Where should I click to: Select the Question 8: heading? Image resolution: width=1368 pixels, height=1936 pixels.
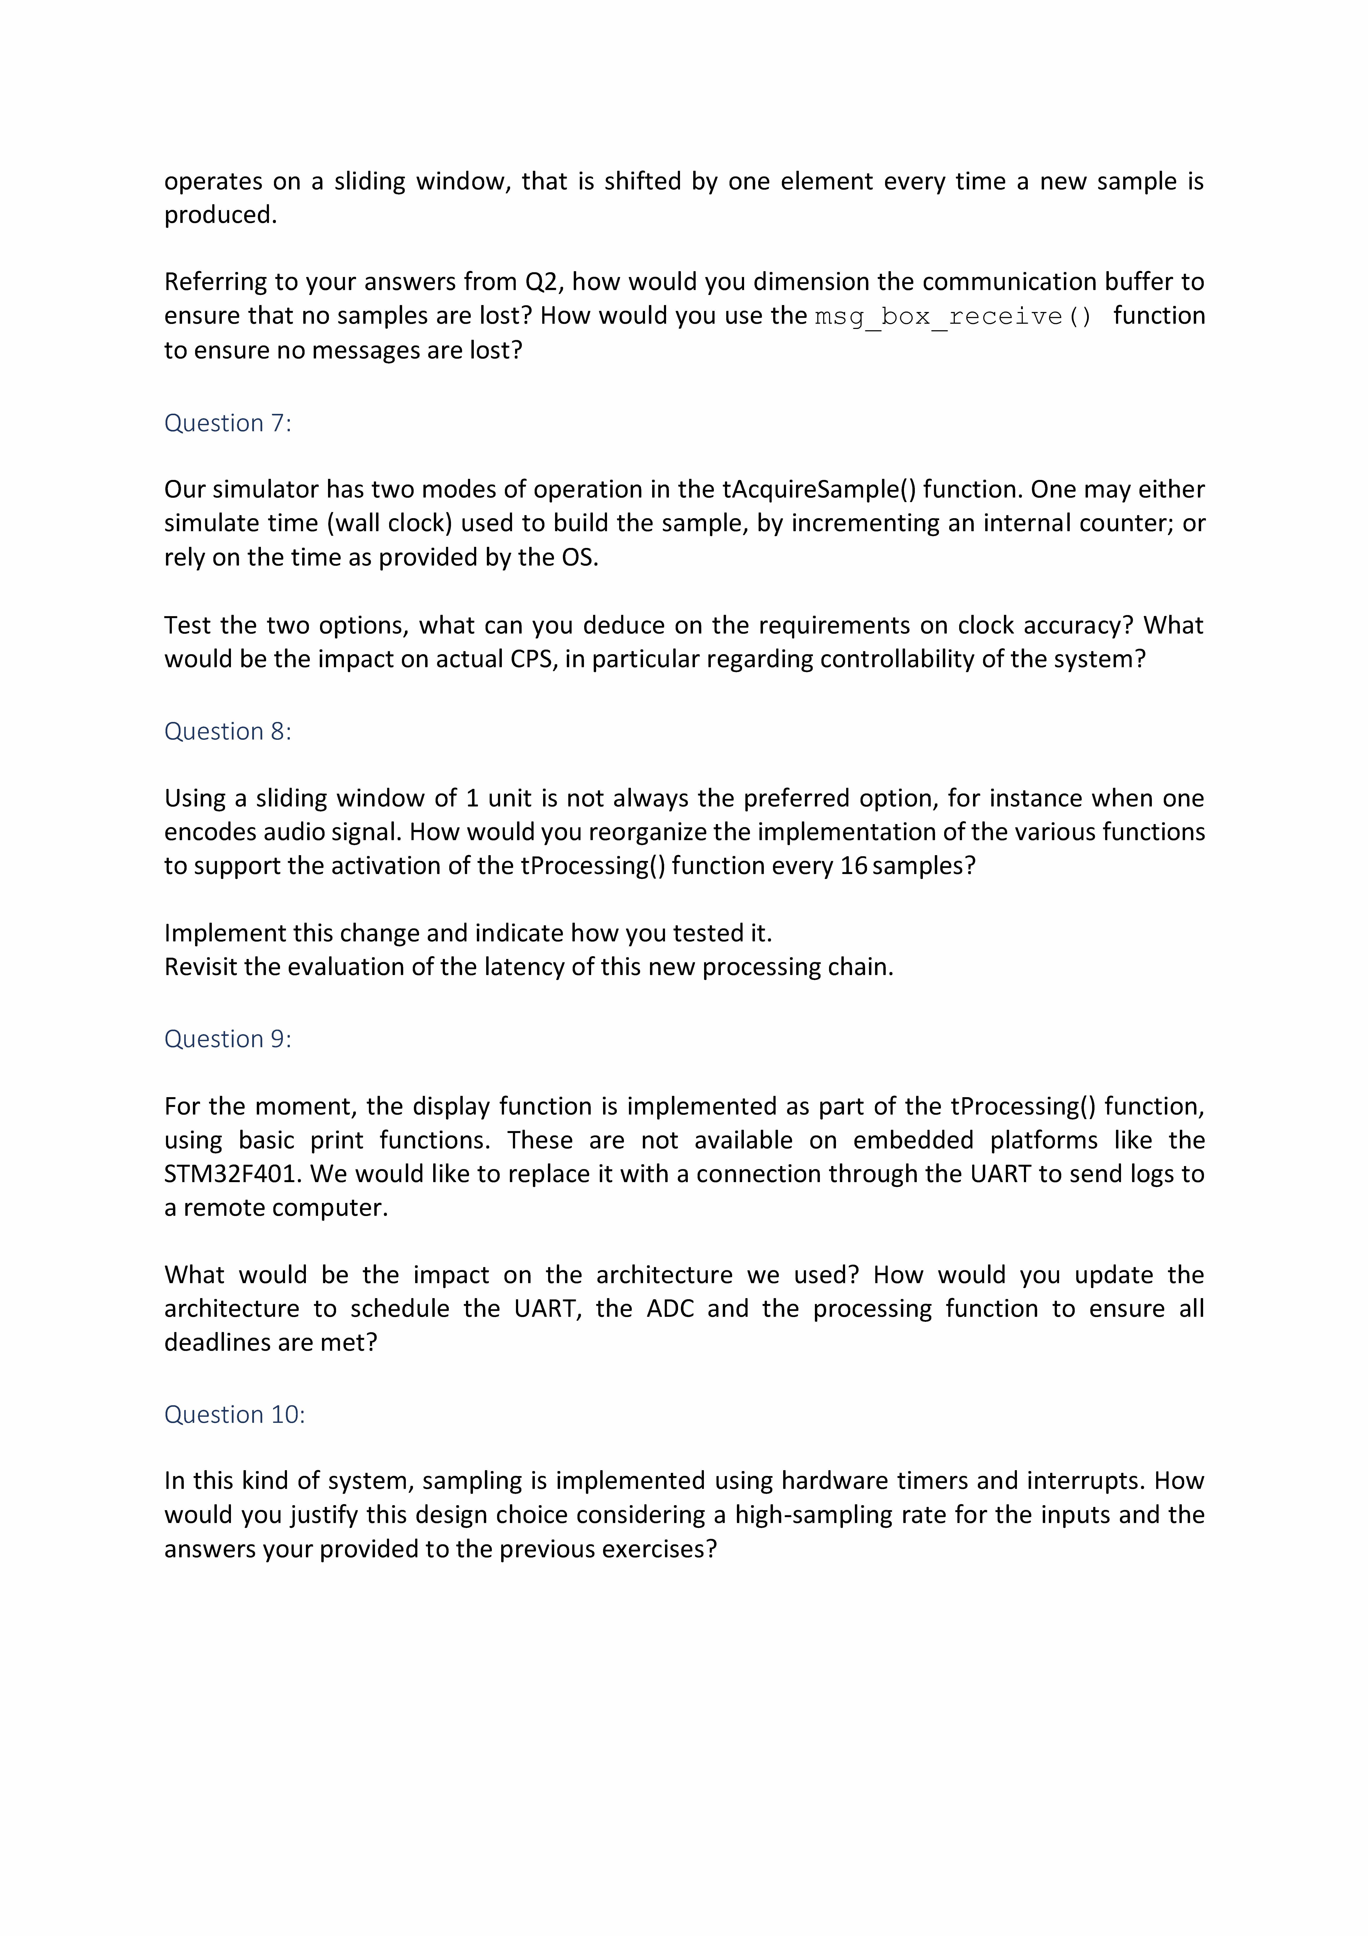pyautogui.click(x=228, y=731)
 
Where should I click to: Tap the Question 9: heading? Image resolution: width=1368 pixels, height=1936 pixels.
pyautogui.click(x=228, y=1039)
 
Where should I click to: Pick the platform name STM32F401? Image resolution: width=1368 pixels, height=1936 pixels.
pyautogui.click(x=233, y=1174)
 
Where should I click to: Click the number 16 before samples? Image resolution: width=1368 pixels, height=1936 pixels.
pyautogui.click(x=854, y=866)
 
